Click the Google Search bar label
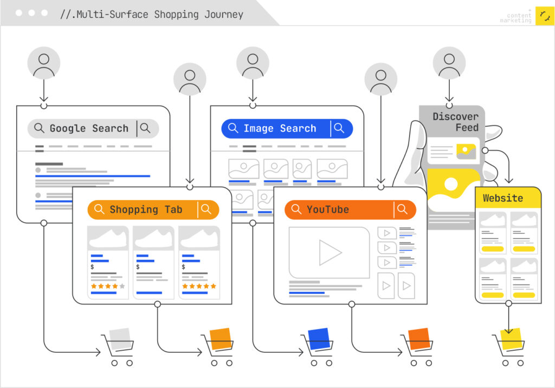89,128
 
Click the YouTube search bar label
327,209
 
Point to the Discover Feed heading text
455,122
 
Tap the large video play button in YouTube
329,252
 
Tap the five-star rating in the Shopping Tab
199,286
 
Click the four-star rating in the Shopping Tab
108,286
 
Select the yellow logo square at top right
544,16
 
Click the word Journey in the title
224,14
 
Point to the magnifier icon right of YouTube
402,209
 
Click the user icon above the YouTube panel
380,79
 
